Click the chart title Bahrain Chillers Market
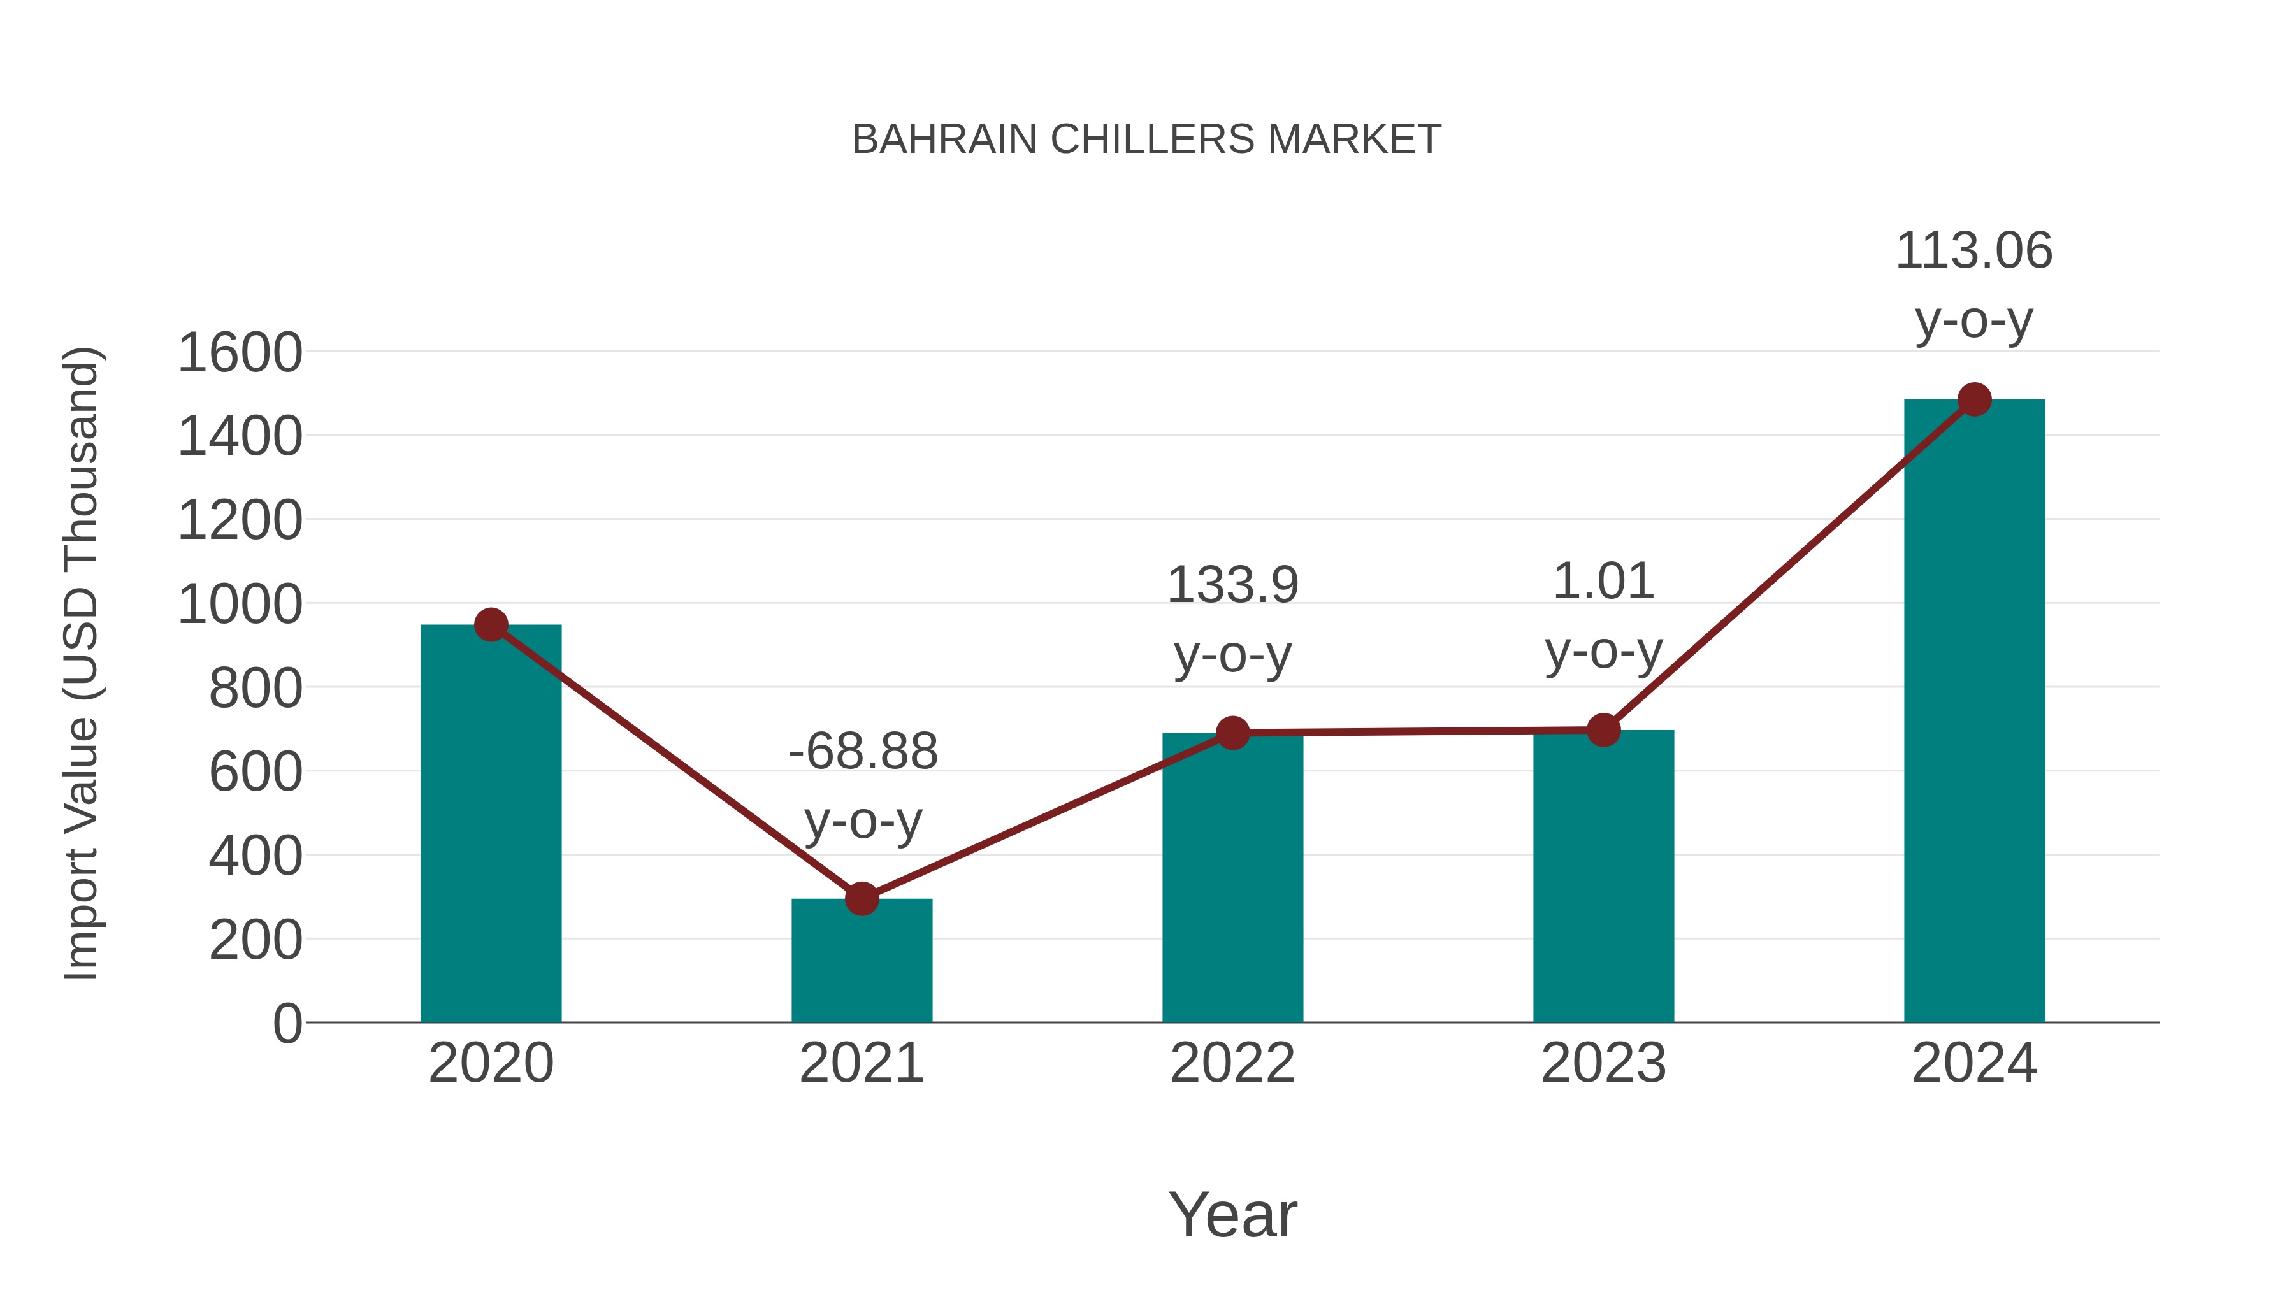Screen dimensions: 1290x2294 point(1146,140)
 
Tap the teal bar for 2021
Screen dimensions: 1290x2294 point(861,961)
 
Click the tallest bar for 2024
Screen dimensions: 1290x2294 point(1974,712)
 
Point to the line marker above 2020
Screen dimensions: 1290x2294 point(491,625)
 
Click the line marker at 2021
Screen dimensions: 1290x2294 point(861,899)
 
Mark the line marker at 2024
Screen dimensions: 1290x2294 point(1974,399)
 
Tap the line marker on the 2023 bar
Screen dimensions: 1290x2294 point(1603,730)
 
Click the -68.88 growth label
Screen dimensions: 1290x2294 point(863,752)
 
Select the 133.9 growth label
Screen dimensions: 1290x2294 point(1232,586)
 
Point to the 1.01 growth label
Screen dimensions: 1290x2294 point(1603,582)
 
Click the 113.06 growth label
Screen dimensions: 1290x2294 point(1973,251)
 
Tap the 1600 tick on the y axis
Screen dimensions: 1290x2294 point(240,352)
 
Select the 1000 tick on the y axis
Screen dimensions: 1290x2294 point(240,605)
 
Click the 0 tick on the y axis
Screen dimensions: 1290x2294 point(287,1023)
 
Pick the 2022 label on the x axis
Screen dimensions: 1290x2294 point(1232,1063)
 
